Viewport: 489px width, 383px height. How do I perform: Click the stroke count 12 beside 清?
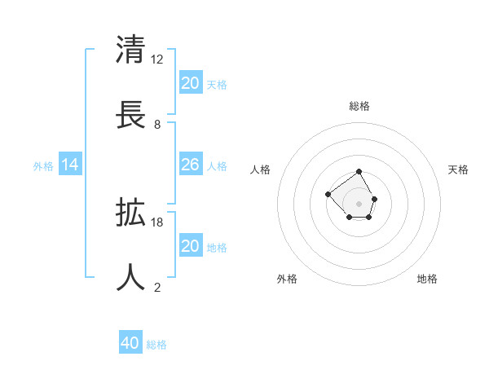(x=157, y=59)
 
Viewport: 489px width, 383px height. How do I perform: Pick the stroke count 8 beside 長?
(x=157, y=124)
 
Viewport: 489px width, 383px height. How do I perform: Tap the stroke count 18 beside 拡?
(x=157, y=222)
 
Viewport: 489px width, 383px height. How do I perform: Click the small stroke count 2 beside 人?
(x=157, y=287)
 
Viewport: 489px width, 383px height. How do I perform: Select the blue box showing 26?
(x=190, y=165)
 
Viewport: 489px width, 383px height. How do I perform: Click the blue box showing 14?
(x=70, y=165)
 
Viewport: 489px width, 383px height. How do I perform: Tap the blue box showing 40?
(x=130, y=343)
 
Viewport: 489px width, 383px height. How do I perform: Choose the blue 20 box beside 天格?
(x=190, y=83)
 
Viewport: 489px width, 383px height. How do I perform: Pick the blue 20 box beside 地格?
(x=190, y=246)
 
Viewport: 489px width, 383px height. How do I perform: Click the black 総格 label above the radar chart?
(x=359, y=106)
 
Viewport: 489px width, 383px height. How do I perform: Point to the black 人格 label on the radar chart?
(x=260, y=169)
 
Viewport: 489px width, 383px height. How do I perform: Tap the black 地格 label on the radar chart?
(x=427, y=279)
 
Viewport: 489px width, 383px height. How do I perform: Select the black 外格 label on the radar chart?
(x=287, y=279)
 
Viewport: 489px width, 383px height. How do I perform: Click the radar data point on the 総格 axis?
(x=359, y=172)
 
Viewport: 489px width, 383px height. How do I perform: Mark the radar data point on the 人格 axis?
(x=328, y=194)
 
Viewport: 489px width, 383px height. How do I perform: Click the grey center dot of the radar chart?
(x=359, y=203)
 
